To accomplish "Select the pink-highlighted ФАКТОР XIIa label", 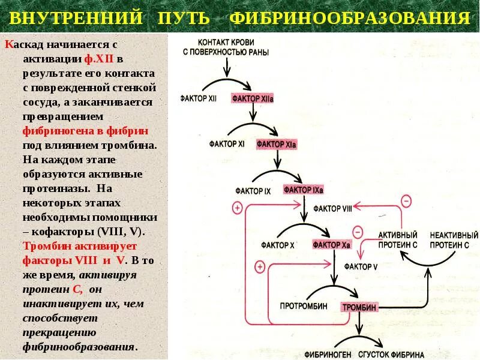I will click(x=253, y=98).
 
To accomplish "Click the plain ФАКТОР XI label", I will click(x=227, y=145).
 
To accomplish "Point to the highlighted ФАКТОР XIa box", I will click(x=277, y=145).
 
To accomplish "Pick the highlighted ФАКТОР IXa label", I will click(x=304, y=190).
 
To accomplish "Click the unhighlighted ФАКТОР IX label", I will click(x=254, y=191).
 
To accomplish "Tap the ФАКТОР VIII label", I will click(x=332, y=209).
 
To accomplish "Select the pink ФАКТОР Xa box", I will click(x=332, y=245).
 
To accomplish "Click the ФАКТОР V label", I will click(x=361, y=266).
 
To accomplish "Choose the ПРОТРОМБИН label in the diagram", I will click(x=304, y=306).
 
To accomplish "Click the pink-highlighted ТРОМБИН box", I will click(x=359, y=307).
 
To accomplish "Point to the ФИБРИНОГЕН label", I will click(x=328, y=354).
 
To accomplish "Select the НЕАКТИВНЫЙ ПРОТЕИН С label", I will click(x=454, y=240).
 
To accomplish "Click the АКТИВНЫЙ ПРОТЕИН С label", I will click(x=398, y=240).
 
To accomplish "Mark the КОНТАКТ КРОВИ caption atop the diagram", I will click(x=220, y=47).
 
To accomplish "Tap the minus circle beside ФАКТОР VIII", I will click(x=406, y=200).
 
